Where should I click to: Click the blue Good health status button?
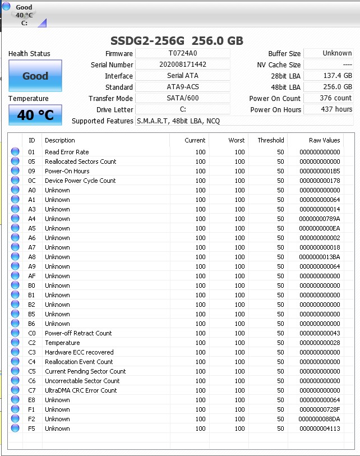coord(35,76)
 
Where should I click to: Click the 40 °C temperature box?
coord(35,116)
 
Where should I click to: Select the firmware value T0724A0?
coord(183,53)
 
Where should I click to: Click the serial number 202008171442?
coord(183,65)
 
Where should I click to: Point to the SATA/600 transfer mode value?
coord(183,98)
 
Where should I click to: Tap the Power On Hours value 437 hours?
coord(329,109)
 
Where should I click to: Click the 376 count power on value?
coord(329,98)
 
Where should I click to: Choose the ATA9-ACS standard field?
coord(183,87)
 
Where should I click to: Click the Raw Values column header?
coord(324,140)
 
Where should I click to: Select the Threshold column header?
coord(270,140)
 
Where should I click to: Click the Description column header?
coord(60,140)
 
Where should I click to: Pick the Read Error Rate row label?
coord(67,152)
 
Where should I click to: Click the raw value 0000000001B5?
coord(320,171)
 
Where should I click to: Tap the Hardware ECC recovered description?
coord(79,352)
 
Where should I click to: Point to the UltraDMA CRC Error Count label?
coord(81,390)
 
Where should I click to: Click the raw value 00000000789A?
coord(320,219)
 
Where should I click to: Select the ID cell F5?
coord(32,429)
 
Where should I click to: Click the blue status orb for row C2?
coord(15,343)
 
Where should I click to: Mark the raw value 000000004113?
coord(320,429)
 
